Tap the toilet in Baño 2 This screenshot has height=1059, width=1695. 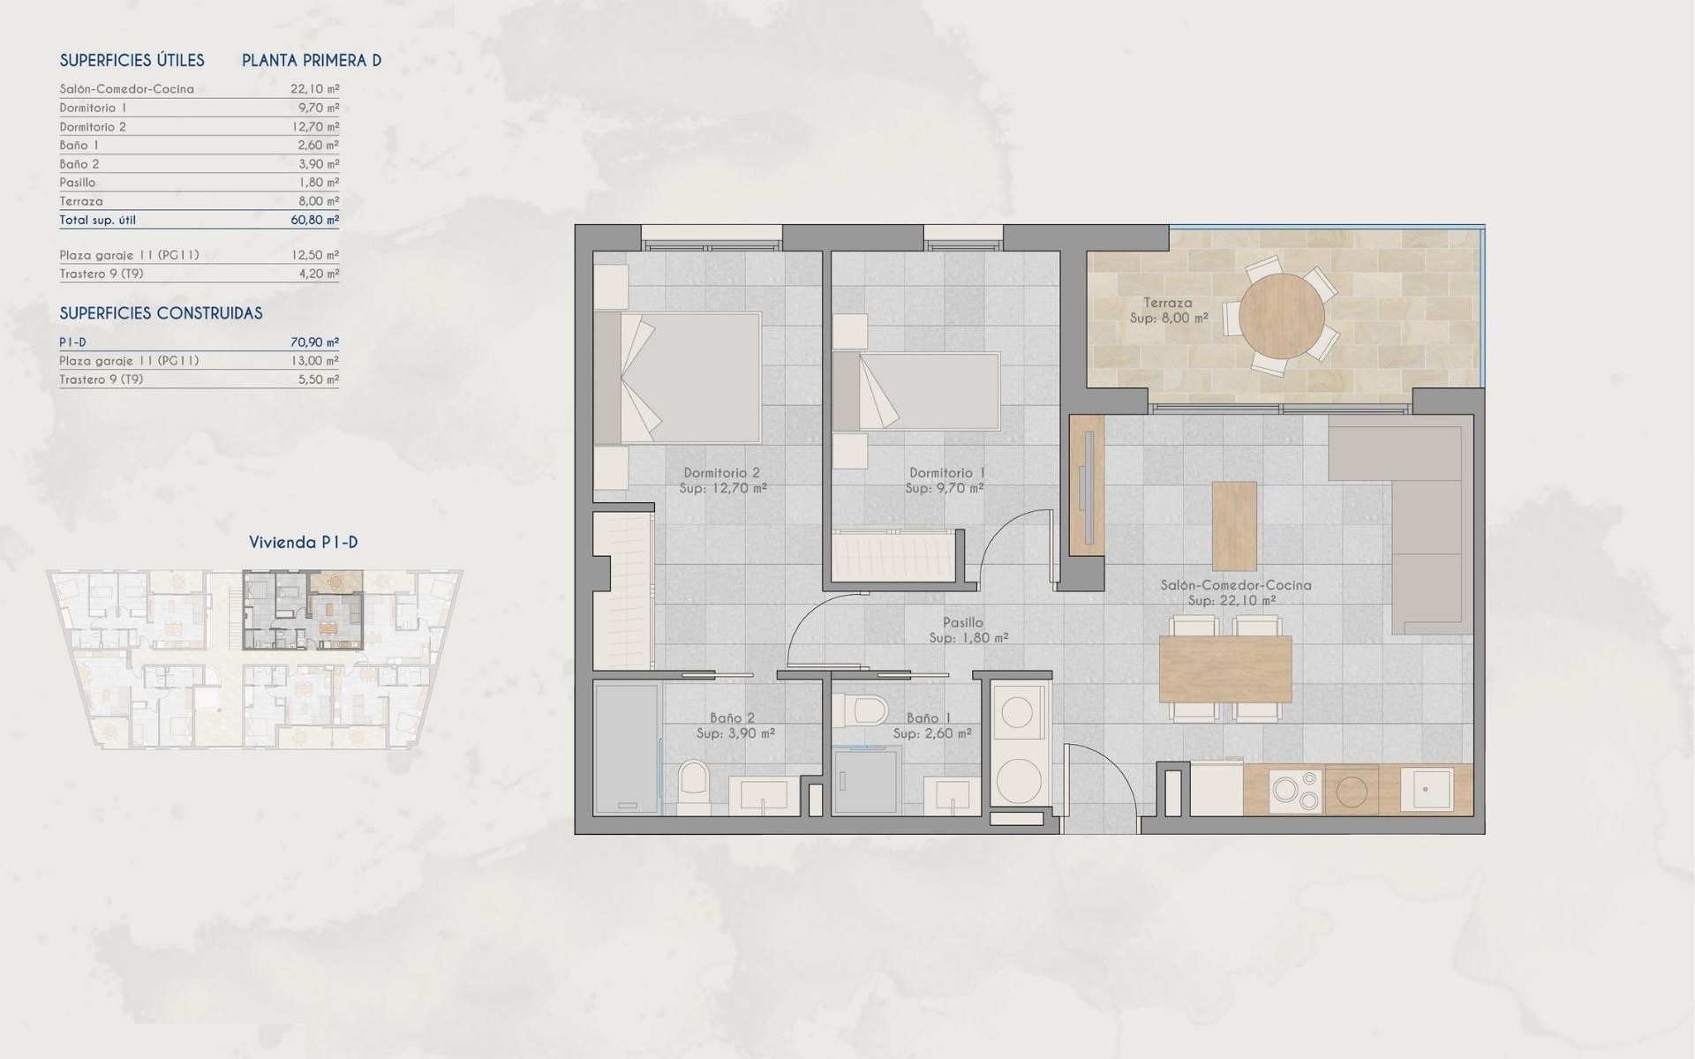(694, 787)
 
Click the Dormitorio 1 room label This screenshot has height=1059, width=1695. (946, 473)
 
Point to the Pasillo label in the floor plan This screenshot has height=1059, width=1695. (961, 622)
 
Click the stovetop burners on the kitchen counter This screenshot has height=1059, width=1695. (1295, 790)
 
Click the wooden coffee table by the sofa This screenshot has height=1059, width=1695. (1234, 526)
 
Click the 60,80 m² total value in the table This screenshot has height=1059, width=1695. (314, 220)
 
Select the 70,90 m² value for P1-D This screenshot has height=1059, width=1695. (314, 342)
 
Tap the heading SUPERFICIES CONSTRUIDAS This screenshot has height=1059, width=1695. (161, 313)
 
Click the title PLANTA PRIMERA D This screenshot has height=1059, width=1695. (312, 61)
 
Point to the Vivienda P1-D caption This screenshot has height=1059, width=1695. (303, 543)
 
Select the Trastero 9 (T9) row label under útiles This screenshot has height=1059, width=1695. (102, 274)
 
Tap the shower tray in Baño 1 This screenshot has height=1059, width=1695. (867, 781)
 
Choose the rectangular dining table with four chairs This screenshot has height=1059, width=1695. (1225, 668)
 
